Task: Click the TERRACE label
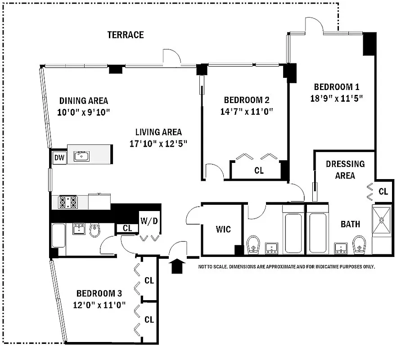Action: pyautogui.click(x=126, y=35)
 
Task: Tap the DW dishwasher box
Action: pyautogui.click(x=59, y=157)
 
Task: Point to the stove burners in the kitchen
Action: pyautogui.click(x=68, y=202)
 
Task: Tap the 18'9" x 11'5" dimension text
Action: pyautogui.click(x=337, y=98)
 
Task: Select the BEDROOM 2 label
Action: pyautogui.click(x=246, y=100)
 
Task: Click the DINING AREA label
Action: pyautogui.click(x=84, y=101)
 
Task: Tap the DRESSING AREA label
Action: pyautogui.click(x=345, y=170)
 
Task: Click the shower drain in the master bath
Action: pyautogui.click(x=382, y=220)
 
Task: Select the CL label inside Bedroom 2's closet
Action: pyautogui.click(x=259, y=171)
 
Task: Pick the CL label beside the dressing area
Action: pyautogui.click(x=383, y=192)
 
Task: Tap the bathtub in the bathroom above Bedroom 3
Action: pyautogui.click(x=59, y=236)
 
